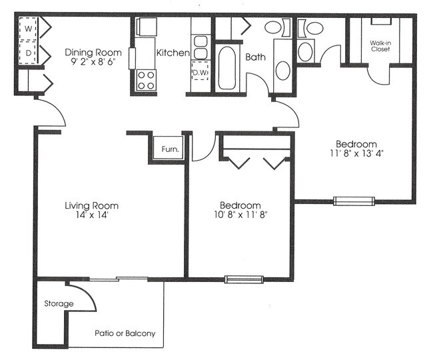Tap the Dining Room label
[x=93, y=52]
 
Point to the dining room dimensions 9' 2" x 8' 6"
[x=93, y=63]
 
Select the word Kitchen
[x=172, y=53]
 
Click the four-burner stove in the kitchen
[x=146, y=80]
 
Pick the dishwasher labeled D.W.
[x=200, y=71]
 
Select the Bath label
[x=256, y=57]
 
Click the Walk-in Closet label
[x=381, y=47]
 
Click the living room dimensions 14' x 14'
[x=93, y=215]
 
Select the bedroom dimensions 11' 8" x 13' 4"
[x=356, y=153]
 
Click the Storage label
[x=59, y=304]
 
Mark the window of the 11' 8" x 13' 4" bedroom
[x=354, y=200]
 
